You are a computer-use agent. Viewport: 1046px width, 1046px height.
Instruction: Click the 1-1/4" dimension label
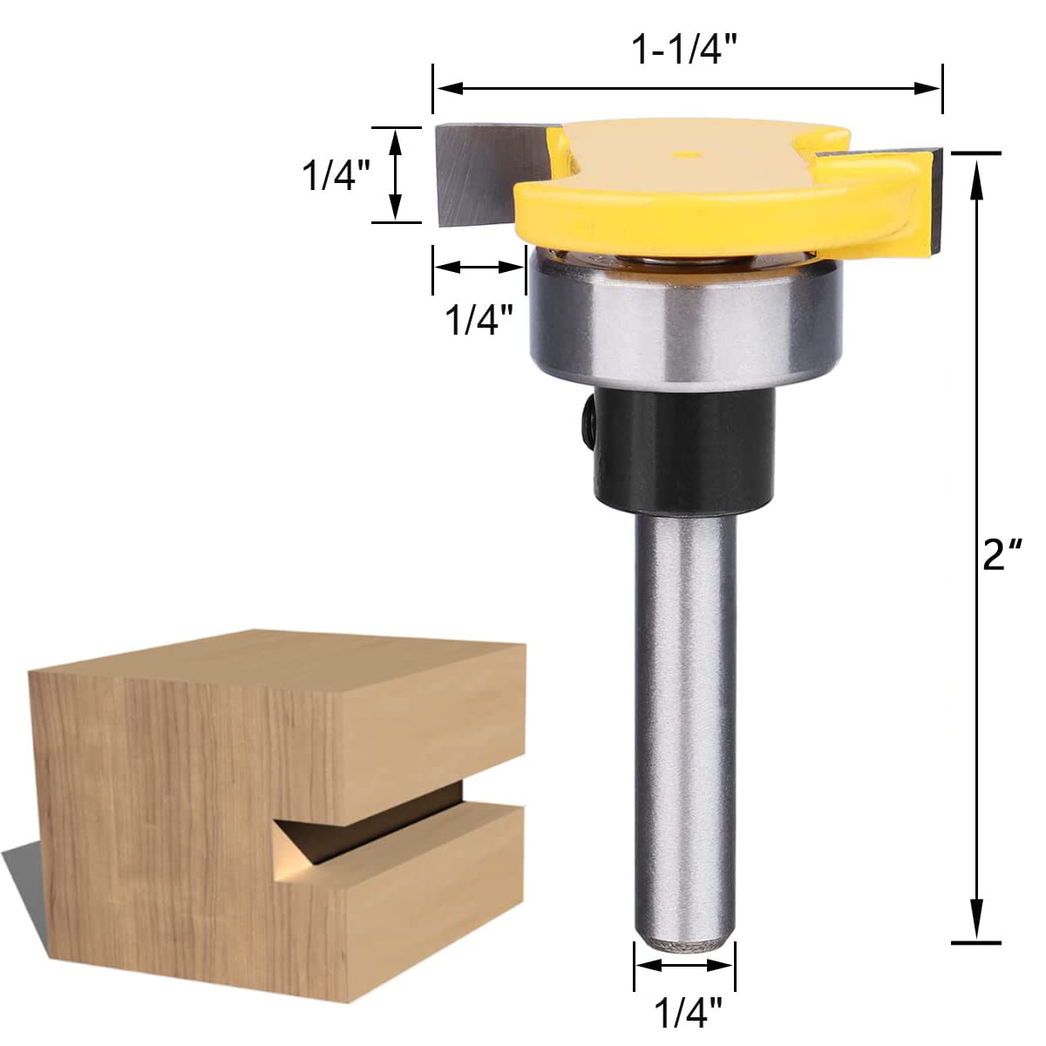(686, 51)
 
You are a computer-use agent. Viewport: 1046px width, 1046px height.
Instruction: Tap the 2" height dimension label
(1002, 554)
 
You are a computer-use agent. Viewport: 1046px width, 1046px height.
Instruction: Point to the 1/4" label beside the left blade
(336, 175)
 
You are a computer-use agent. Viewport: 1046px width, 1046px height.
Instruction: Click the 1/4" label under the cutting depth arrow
(479, 320)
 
